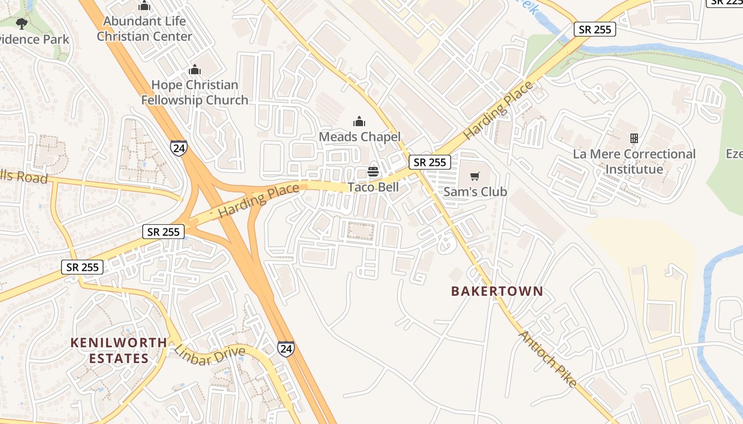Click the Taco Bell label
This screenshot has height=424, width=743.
pyautogui.click(x=373, y=188)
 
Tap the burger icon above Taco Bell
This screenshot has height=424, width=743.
pyautogui.click(x=373, y=172)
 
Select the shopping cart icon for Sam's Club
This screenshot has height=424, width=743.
pyautogui.click(x=475, y=176)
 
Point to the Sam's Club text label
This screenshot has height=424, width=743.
pyautogui.click(x=475, y=192)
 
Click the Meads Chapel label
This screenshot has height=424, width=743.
pyautogui.click(x=359, y=137)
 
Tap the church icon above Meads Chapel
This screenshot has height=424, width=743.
pyautogui.click(x=359, y=121)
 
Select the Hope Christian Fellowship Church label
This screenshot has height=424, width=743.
pyautogui.click(x=194, y=92)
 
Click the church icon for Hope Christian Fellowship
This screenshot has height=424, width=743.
pyautogui.click(x=195, y=69)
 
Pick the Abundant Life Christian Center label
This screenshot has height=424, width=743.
pyautogui.click(x=144, y=29)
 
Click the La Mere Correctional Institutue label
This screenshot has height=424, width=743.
pyautogui.click(x=634, y=162)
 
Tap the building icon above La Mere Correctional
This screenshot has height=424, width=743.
pyautogui.click(x=634, y=138)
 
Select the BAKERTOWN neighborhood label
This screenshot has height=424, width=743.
pyautogui.click(x=497, y=291)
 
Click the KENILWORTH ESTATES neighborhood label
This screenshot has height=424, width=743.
pyautogui.click(x=119, y=350)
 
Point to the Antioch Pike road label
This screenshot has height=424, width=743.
pyautogui.click(x=547, y=359)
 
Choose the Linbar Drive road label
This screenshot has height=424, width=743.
pyautogui.click(x=210, y=355)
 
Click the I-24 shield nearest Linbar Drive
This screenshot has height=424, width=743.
pyautogui.click(x=286, y=348)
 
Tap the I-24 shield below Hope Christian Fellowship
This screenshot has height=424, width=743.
pyautogui.click(x=179, y=148)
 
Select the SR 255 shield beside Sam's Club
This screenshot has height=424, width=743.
pyautogui.click(x=430, y=162)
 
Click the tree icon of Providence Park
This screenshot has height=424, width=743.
pyautogui.click(x=22, y=23)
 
